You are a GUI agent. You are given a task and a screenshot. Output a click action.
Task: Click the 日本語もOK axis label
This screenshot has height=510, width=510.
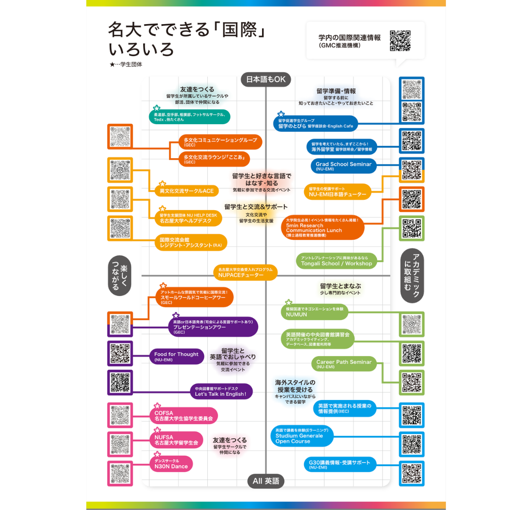tap(266, 79)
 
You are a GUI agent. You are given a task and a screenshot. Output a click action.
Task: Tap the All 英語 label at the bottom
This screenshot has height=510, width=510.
tap(266, 481)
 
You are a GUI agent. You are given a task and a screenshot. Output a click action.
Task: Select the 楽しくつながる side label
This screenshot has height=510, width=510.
tap(120, 276)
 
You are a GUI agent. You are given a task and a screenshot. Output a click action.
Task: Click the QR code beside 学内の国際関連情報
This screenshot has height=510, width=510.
tap(400, 41)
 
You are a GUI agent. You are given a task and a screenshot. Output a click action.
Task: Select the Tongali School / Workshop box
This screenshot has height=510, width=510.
tap(336, 261)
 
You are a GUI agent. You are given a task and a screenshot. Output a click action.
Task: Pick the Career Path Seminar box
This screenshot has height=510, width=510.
tap(344, 364)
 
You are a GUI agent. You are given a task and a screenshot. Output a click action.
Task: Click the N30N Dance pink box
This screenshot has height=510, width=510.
tap(171, 464)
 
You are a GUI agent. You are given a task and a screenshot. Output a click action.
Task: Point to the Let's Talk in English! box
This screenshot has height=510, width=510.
tap(221, 391)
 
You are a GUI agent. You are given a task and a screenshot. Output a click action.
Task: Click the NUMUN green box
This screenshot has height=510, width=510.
tap(314, 312)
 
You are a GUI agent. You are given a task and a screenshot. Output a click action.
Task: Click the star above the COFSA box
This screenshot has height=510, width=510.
tap(158, 406)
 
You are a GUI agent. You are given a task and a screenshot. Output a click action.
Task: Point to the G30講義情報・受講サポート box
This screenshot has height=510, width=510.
tap(340, 464)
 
